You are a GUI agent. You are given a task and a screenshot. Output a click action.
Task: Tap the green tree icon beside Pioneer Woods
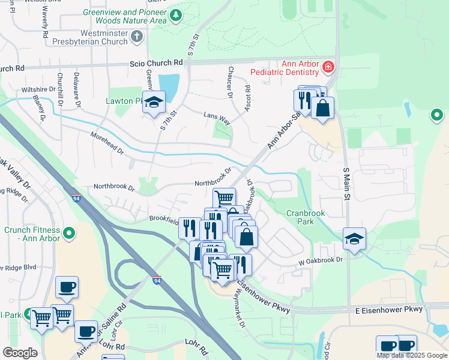point(176,16)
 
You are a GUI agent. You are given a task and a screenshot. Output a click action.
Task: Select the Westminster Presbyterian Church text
point(86,37)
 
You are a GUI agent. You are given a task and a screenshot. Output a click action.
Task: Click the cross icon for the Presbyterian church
point(137,37)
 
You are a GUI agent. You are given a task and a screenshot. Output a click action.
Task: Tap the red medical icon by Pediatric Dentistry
point(329,67)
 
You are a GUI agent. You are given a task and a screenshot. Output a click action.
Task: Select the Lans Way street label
point(217,116)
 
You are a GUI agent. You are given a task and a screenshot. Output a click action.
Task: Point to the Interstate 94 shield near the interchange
point(157,280)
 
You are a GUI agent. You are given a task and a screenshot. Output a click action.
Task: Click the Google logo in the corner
point(20,353)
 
